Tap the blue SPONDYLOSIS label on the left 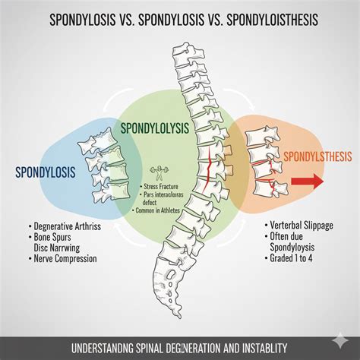(x=45, y=172)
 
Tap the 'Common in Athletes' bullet (x=160, y=210)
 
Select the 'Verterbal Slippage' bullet (x=305, y=226)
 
